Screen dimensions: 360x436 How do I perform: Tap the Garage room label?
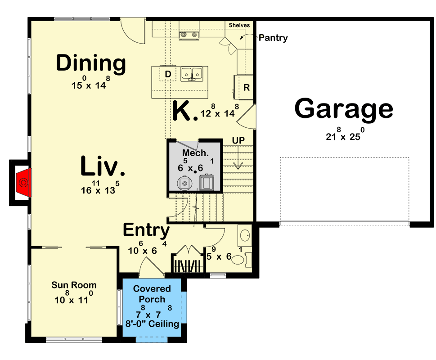coord(344,109)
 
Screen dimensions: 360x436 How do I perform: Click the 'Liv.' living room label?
coord(103,166)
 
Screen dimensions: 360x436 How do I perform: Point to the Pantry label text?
coord(273,38)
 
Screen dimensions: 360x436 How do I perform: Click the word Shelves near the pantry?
coord(239,25)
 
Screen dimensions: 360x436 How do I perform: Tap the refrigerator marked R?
coord(246,88)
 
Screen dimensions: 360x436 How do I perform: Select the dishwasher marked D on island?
coord(168,74)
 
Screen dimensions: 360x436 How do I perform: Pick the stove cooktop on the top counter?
coord(189,34)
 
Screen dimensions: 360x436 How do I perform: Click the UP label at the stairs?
coord(238,141)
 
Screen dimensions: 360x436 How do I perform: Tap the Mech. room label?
coord(195,153)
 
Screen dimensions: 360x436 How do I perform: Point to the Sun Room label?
coord(74,285)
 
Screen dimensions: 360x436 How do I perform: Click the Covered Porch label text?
coord(152,294)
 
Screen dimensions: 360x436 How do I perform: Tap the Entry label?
coord(146,230)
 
